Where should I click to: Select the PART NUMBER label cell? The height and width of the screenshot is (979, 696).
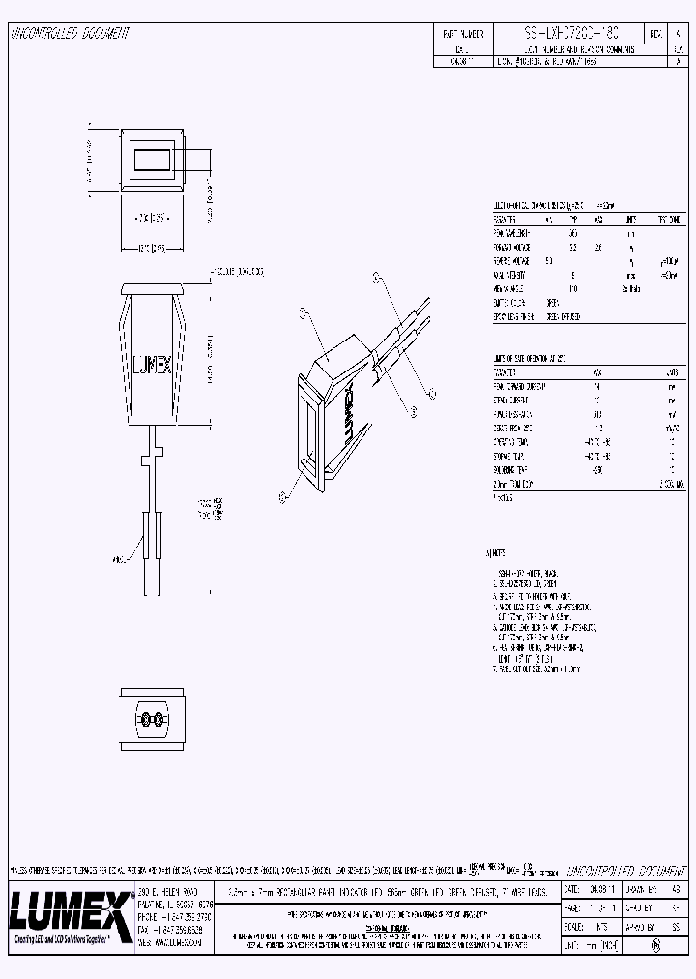(462, 33)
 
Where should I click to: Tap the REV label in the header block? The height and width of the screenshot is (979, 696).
(655, 33)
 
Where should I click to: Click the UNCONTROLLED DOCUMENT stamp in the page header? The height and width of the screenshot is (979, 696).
(70, 33)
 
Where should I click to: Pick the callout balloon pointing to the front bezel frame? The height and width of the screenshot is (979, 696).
(282, 497)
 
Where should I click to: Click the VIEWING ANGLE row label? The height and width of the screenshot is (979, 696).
(513, 288)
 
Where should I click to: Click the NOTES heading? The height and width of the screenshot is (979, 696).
(494, 553)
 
